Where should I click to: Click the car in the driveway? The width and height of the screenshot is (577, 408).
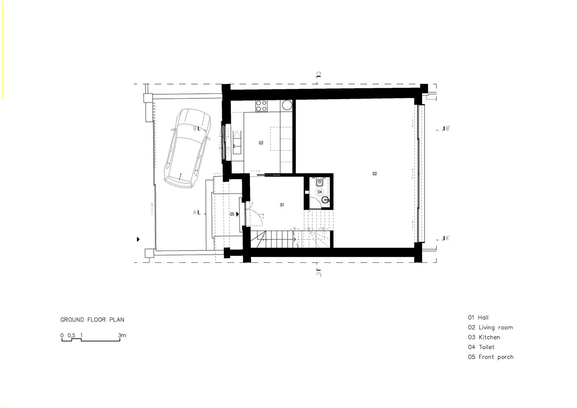click(188, 148)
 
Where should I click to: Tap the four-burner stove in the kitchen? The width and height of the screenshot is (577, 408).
click(261, 106)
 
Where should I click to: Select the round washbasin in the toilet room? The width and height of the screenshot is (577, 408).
click(325, 200)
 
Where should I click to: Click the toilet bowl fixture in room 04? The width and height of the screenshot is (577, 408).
click(320, 182)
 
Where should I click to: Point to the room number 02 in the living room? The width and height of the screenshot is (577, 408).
click(374, 174)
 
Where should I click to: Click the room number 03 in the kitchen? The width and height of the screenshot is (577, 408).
click(261, 143)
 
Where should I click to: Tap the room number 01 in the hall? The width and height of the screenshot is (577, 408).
click(282, 205)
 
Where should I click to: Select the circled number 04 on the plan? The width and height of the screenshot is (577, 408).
click(320, 192)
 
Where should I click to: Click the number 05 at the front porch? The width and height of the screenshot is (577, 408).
click(232, 214)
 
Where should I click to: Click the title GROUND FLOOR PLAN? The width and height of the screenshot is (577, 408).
click(92, 320)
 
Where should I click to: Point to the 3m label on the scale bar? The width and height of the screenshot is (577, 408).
click(122, 335)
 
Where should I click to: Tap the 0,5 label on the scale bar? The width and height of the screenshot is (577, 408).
click(71, 335)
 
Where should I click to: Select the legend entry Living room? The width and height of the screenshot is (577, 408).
click(491, 328)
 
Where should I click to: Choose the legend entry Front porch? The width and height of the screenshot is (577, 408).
click(491, 357)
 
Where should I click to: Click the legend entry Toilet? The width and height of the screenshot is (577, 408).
click(481, 347)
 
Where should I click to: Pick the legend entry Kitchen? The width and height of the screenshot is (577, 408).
click(484, 337)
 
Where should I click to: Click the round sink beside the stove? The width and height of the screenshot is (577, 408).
click(287, 105)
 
